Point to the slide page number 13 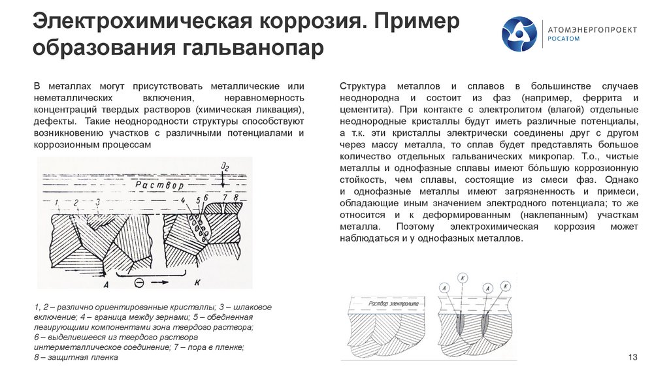click(x=631, y=356)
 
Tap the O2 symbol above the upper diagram click(x=226, y=168)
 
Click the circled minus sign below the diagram click(x=139, y=284)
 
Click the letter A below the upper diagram click(x=105, y=285)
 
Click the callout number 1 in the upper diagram click(x=57, y=202)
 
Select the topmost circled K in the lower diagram click(x=463, y=277)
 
